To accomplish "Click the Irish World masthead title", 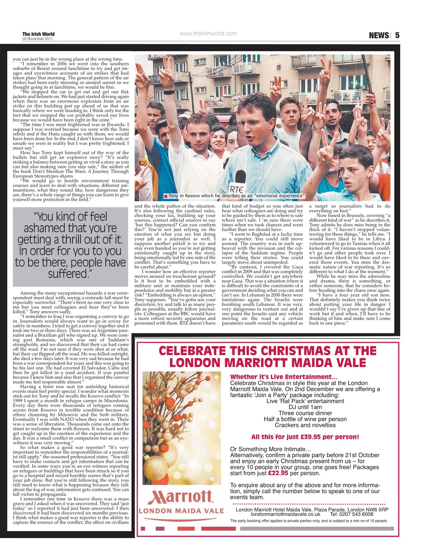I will [x=38, y=34].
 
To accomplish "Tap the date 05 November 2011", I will [x=38, y=39].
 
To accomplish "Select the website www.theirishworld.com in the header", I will [x=208, y=34].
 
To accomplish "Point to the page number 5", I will [x=397, y=35].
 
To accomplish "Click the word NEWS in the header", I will [x=378, y=35].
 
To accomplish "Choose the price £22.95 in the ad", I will [x=278, y=473].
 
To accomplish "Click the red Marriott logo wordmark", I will [x=180, y=497].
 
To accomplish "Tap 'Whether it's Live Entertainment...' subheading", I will [x=284, y=377].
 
